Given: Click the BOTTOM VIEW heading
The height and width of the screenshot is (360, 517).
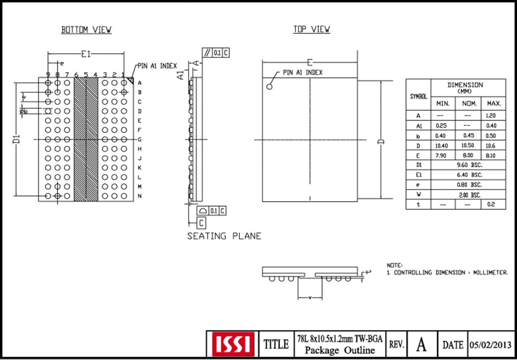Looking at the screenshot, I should pyautogui.click(x=86, y=30).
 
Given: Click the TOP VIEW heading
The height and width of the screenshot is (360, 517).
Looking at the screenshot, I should pyautogui.click(x=312, y=30).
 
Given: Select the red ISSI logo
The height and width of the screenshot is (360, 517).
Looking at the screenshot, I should pyautogui.click(x=232, y=344).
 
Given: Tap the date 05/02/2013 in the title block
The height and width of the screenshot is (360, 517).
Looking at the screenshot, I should pyautogui.click(x=490, y=344).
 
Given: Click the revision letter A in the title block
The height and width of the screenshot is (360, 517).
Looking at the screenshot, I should pyautogui.click(x=421, y=344).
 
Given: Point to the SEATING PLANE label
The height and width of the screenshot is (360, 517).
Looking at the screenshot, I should pyautogui.click(x=224, y=236).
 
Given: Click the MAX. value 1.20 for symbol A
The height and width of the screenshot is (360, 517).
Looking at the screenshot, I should pyautogui.click(x=494, y=115).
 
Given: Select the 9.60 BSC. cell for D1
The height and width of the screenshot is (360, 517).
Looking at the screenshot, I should pyautogui.click(x=468, y=165).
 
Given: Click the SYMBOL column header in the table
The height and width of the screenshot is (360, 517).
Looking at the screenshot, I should pyautogui.click(x=418, y=96).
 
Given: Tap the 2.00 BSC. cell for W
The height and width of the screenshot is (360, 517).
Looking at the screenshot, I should pyautogui.click(x=468, y=195).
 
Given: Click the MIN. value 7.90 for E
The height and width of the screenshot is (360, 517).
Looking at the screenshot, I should pyautogui.click(x=441, y=156).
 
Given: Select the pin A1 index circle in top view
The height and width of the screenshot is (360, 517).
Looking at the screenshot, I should pyautogui.click(x=270, y=87).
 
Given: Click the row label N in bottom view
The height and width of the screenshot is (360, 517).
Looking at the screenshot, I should pyautogui.click(x=139, y=196).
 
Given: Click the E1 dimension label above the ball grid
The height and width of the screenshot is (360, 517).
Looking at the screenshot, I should pyautogui.click(x=86, y=55).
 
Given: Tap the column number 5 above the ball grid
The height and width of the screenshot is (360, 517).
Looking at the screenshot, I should pyautogui.click(x=86, y=75).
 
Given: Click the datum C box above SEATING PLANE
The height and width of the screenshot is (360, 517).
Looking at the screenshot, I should pyautogui.click(x=202, y=223).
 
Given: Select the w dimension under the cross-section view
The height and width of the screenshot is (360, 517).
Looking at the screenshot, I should pyautogui.click(x=310, y=298).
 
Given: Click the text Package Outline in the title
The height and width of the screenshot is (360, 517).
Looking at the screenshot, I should pyautogui.click(x=339, y=350).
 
